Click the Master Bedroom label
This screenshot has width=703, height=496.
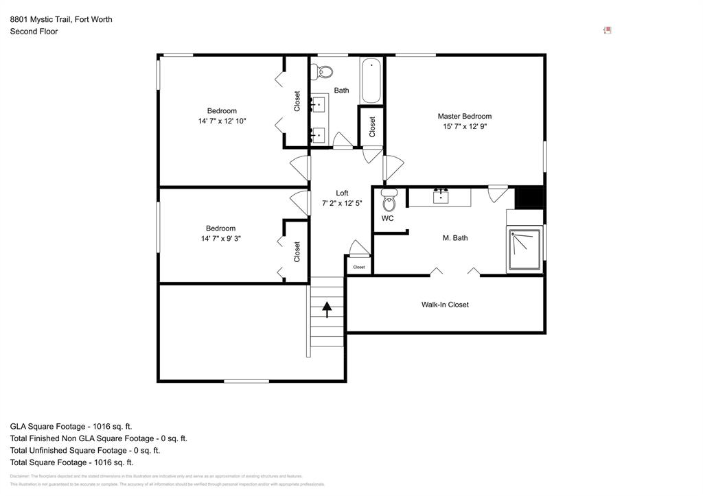[x=464, y=116]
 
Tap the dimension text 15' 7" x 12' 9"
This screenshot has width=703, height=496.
[x=464, y=126]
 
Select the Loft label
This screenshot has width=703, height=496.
[x=341, y=193]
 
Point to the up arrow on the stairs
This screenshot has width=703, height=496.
[x=327, y=310]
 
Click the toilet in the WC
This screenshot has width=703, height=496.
[x=389, y=202]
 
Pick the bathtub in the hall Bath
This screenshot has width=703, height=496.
[x=371, y=80]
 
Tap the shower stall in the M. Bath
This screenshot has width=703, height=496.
[x=525, y=251]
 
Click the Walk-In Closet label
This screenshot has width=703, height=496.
[x=445, y=305]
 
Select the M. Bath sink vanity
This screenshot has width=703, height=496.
[x=440, y=197]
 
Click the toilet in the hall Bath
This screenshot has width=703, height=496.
[x=323, y=71]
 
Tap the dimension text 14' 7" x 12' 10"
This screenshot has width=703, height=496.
[x=222, y=121]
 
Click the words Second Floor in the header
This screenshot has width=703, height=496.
[x=34, y=32]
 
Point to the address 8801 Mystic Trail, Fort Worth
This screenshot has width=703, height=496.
[x=61, y=19]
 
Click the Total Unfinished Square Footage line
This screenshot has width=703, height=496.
[x=85, y=451]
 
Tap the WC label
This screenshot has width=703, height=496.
[x=387, y=219]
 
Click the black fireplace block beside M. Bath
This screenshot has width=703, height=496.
[x=529, y=198]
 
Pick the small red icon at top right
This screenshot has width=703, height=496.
[x=607, y=30]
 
